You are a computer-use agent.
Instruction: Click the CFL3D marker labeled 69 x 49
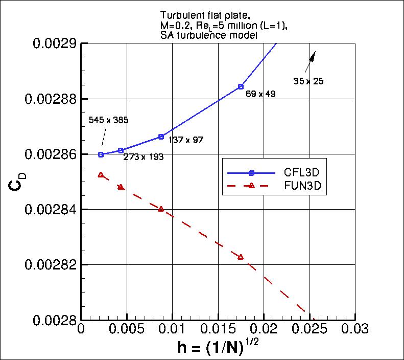(241, 86)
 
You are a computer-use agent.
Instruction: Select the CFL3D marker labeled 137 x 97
(161, 137)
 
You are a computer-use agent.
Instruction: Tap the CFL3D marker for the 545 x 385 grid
(101, 154)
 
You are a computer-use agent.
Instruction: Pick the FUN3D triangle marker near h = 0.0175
(241, 257)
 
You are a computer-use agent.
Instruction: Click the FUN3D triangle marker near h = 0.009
(161, 209)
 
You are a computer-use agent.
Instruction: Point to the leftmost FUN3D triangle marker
(101, 175)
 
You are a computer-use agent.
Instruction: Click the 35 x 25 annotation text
(308, 81)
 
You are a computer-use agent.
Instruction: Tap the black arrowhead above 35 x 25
(313, 56)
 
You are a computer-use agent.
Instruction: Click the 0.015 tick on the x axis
(218, 327)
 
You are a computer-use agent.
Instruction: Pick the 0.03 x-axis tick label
(355, 327)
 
